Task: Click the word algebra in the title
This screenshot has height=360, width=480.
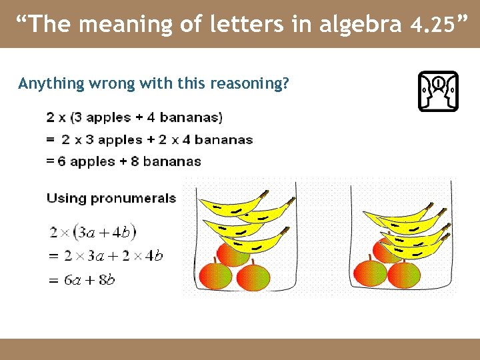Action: coord(361,25)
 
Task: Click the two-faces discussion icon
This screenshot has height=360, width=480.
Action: coord(438,91)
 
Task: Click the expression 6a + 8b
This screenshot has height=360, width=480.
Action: coord(91,280)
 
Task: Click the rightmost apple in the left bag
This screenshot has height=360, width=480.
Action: coord(253,275)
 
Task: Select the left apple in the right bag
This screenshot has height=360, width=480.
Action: coord(370,271)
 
